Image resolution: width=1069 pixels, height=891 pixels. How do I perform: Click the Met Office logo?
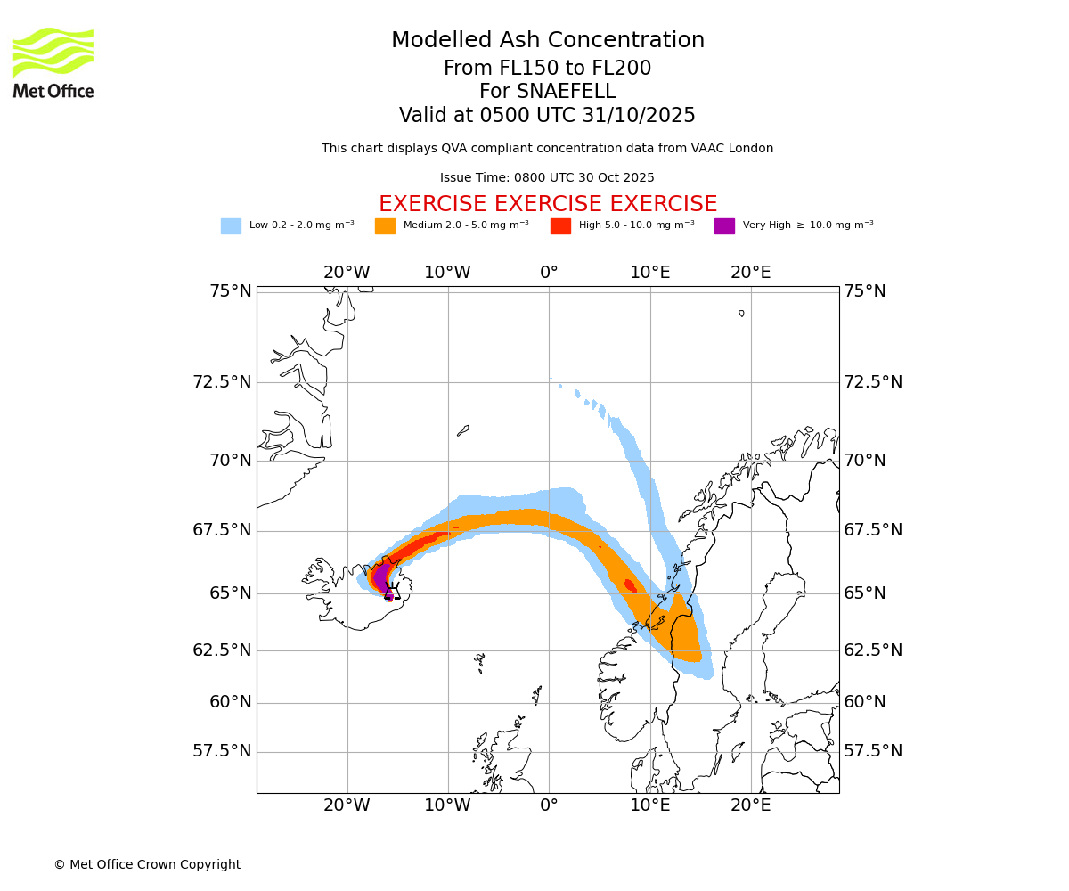(53, 62)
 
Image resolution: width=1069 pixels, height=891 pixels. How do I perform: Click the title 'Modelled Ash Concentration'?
(547, 40)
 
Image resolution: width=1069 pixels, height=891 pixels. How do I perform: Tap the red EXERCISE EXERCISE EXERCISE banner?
(547, 204)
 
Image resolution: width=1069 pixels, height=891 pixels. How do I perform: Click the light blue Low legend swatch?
(231, 225)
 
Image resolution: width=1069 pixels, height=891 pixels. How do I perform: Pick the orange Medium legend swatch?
(385, 225)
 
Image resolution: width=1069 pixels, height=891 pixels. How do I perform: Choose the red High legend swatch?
(560, 225)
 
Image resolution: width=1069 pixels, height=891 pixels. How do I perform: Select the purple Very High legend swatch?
(724, 225)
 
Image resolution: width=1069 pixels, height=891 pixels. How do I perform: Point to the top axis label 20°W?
(347, 272)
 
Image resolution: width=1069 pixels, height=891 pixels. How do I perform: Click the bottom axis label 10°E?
(650, 805)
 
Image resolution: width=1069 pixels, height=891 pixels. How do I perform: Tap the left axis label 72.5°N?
(222, 382)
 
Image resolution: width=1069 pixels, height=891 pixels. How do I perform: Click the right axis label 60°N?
(865, 702)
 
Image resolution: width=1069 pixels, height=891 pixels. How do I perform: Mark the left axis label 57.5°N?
(222, 751)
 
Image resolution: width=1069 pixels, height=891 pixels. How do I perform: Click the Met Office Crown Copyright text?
(147, 864)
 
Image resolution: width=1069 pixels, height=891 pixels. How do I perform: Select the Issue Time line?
(547, 177)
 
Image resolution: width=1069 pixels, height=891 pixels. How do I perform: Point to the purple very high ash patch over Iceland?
(381, 578)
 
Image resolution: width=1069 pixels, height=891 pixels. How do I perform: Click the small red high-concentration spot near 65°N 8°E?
(630, 585)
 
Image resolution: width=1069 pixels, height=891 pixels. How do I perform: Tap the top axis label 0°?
(549, 272)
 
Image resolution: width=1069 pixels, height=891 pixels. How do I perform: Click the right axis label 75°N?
(865, 291)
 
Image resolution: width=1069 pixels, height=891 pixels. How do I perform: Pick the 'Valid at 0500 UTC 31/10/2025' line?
(547, 116)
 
